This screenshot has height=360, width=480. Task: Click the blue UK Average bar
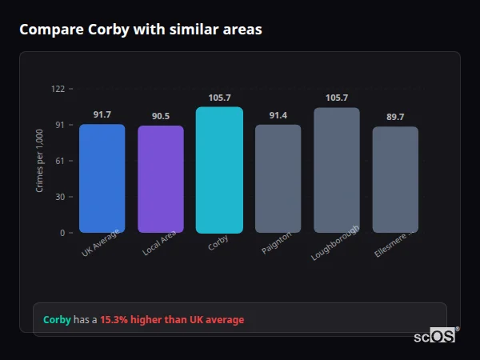click(102, 178)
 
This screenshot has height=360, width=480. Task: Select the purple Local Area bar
click(161, 179)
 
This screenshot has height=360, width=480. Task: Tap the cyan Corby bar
click(219, 170)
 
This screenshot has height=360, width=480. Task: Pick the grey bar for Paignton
click(278, 178)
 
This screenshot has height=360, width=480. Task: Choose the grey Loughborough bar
click(337, 170)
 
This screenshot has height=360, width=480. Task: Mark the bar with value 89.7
click(395, 179)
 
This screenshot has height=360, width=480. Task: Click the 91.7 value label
click(102, 115)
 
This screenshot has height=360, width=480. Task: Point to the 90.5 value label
click(161, 117)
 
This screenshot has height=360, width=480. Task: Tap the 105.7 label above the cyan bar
click(219, 98)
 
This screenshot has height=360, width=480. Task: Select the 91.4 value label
click(278, 116)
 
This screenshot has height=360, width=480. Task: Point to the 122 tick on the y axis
click(58, 89)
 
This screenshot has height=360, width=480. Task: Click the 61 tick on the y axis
click(60, 161)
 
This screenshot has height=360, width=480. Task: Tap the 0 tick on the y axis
click(62, 233)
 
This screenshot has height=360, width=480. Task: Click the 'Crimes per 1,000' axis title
click(40, 161)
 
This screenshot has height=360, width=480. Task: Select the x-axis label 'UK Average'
click(101, 243)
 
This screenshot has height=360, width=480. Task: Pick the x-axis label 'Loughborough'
click(336, 242)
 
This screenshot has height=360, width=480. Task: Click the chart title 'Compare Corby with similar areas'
click(140, 30)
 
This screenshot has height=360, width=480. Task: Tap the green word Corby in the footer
click(57, 320)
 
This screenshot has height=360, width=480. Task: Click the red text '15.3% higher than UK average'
click(172, 320)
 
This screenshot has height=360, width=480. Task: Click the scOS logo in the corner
click(435, 336)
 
